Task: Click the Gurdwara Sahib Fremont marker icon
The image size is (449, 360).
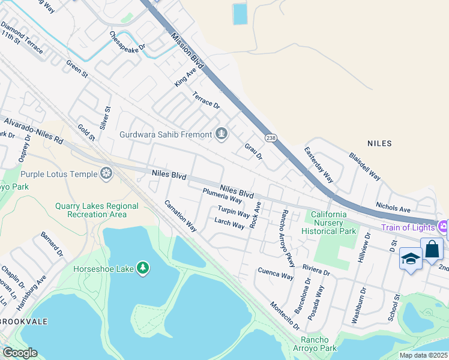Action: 222,134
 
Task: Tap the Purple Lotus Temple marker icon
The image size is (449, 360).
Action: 107,174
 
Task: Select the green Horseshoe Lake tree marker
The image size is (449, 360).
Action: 143,268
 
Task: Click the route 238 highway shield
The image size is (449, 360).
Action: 271,137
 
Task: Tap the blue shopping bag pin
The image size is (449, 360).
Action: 432,249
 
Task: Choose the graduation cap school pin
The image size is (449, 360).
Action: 411,259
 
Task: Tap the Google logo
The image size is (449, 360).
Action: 20,353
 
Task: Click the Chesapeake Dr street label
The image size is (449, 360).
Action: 127,41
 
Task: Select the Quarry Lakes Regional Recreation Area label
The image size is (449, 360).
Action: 97,210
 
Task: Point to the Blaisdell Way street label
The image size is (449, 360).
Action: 364,166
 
